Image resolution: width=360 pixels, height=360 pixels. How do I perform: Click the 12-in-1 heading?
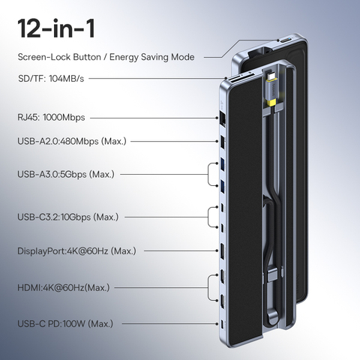56,28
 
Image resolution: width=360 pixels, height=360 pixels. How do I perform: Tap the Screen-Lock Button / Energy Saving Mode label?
106,57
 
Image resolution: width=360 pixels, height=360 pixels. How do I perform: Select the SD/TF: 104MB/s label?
51,79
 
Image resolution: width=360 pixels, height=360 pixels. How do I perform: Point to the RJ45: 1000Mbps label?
51,117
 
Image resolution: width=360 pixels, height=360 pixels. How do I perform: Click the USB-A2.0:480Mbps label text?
72,141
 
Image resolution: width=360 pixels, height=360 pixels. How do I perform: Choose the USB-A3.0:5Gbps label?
66,174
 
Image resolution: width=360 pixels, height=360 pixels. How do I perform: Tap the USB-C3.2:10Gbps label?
67,217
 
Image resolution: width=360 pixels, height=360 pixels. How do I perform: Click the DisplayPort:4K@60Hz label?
76,250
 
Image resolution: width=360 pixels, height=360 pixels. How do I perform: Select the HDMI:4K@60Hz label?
64,287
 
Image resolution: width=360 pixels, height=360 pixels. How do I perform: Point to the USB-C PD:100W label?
65,324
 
